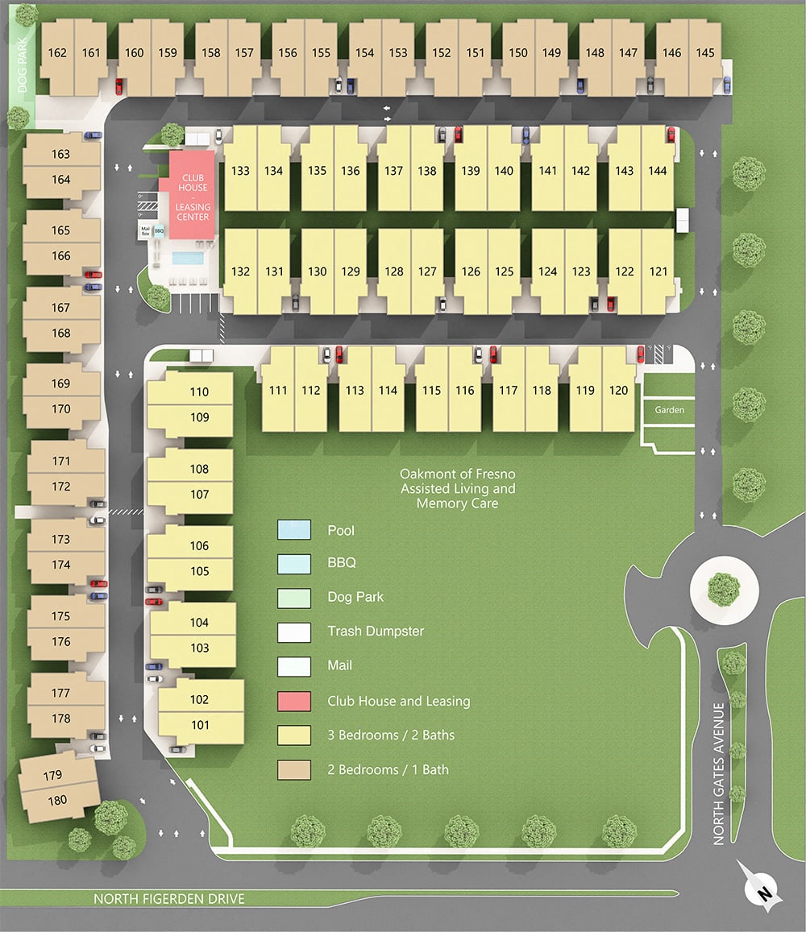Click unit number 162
pyautogui.click(x=57, y=53)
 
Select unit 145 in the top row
pyautogui.click(x=705, y=53)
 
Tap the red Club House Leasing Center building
pyautogui.click(x=193, y=197)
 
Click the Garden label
pyautogui.click(x=669, y=410)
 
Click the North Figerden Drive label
pyautogui.click(x=168, y=898)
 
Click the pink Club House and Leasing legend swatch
pyautogui.click(x=294, y=701)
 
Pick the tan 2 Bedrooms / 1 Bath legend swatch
pyautogui.click(x=294, y=769)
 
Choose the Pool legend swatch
pyautogui.click(x=294, y=530)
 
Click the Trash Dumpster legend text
pyautogui.click(x=376, y=632)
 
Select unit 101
pyautogui.click(x=200, y=725)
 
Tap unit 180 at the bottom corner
pyautogui.click(x=57, y=801)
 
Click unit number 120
pyautogui.click(x=619, y=391)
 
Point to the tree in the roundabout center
pyautogui.click(x=724, y=588)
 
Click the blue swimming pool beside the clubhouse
pyautogui.click(x=187, y=259)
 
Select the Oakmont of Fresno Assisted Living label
pyautogui.click(x=457, y=489)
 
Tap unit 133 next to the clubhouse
pyautogui.click(x=240, y=171)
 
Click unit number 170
pyautogui.click(x=61, y=409)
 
